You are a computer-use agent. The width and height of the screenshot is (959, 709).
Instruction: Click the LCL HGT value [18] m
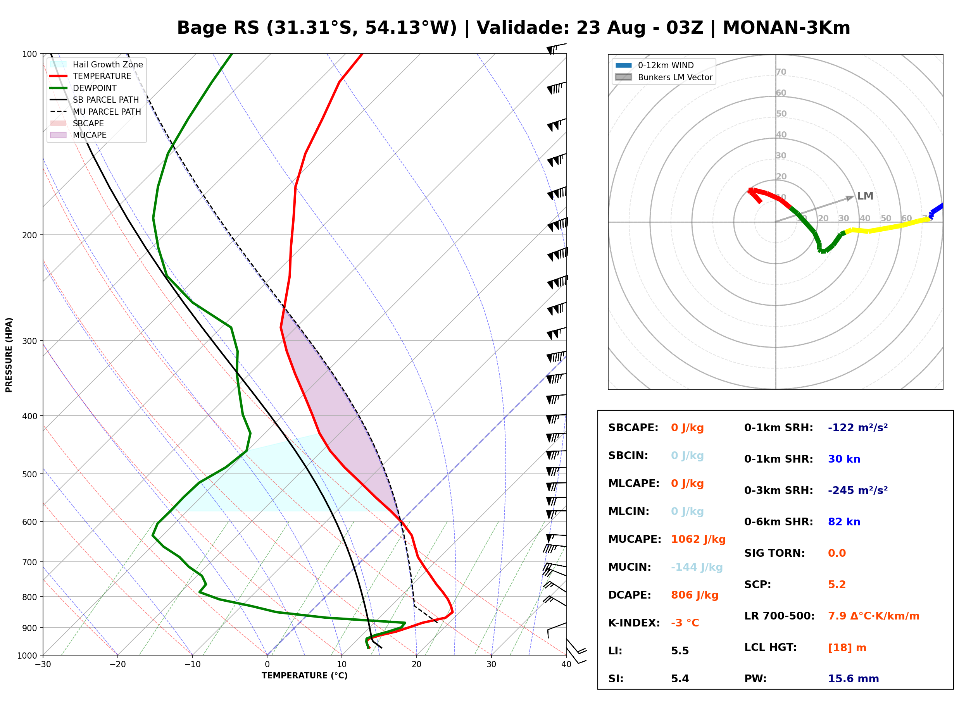[x=847, y=648]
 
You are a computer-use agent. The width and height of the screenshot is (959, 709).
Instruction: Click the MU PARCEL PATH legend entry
[x=95, y=112]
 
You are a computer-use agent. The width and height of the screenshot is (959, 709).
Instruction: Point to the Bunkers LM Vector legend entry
[x=664, y=77]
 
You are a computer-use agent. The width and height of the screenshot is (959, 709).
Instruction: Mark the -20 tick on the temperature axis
[x=117, y=664]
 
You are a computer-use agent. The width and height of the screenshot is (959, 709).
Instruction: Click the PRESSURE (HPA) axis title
[x=9, y=354]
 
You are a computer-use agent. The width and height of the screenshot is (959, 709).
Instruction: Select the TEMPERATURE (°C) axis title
[x=304, y=676]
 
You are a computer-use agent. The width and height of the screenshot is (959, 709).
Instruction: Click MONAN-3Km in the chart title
[x=787, y=28]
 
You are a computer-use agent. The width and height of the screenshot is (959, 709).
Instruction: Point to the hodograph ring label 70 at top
[x=781, y=72]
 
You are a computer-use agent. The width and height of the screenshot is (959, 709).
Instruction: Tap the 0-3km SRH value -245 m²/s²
[x=858, y=490]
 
